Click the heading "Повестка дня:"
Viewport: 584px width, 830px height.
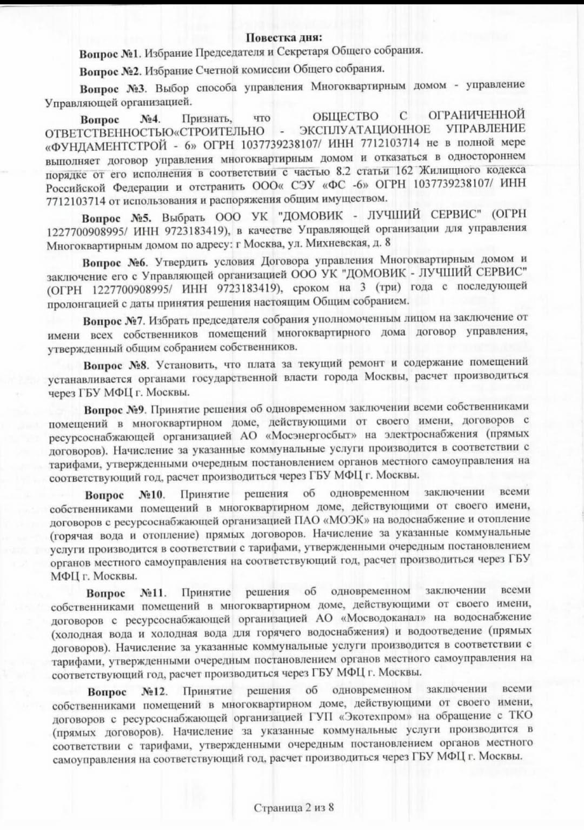click(284, 37)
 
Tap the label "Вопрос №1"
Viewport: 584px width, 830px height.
click(110, 54)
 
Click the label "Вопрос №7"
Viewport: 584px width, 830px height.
click(114, 321)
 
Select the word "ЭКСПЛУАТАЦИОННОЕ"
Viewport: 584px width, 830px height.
click(364, 130)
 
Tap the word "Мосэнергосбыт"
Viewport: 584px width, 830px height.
click(311, 435)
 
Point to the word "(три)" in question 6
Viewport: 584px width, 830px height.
click(388, 287)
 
